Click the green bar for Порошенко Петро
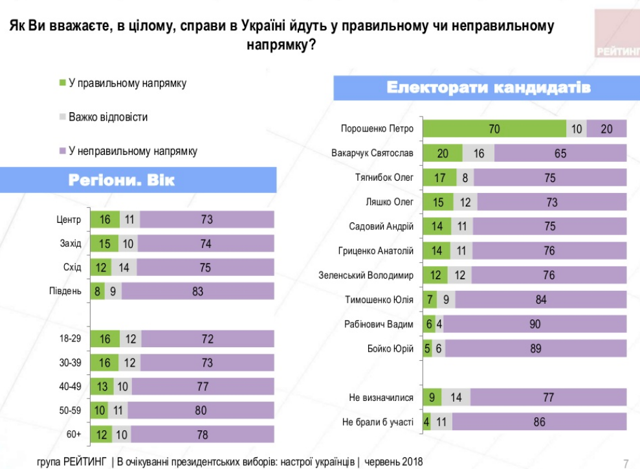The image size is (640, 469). click(494, 129)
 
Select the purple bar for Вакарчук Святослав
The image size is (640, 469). click(560, 153)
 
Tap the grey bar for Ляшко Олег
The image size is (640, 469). click(465, 202)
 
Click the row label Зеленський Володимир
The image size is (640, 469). click(366, 275)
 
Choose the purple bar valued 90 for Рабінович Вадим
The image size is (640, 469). click(535, 324)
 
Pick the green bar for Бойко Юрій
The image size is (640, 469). click(428, 349)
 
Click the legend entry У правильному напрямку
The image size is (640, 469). click(127, 84)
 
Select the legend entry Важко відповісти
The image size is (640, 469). click(108, 117)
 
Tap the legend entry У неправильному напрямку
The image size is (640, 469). click(133, 152)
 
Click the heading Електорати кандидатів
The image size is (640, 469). click(488, 87)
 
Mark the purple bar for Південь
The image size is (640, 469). click(197, 292)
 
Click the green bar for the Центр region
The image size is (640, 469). click(105, 220)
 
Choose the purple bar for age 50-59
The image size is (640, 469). click(201, 410)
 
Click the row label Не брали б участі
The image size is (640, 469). click(377, 422)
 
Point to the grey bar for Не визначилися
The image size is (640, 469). click(456, 398)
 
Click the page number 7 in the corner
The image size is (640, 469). click(626, 462)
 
